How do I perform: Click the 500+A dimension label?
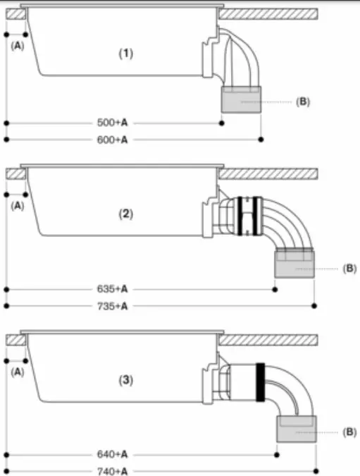pos(113,123)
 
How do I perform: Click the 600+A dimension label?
pos(113,140)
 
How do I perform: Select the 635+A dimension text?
pos(113,289)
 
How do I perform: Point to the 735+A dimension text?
pos(113,306)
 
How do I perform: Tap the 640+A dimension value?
pos(113,455)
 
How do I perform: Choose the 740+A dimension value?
pos(113,472)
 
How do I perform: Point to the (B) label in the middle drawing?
pos(349,269)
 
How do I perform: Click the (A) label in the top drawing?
pos(18,45)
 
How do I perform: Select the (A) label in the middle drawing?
pos(18,206)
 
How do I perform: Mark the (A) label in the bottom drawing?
pos(18,372)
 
